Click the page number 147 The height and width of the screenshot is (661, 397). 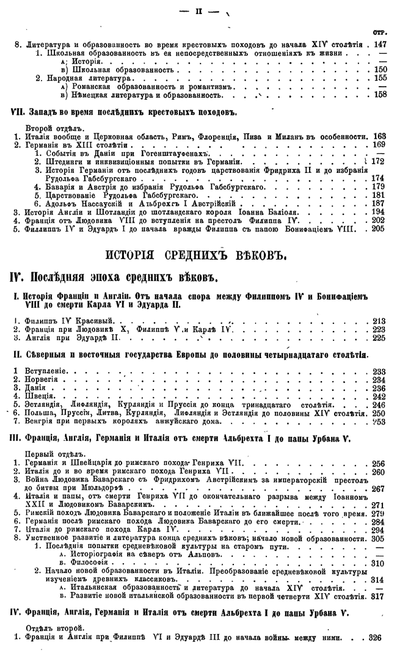tap(381, 45)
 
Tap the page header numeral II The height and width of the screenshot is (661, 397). tap(198, 12)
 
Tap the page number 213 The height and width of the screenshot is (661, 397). tap(379, 321)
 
